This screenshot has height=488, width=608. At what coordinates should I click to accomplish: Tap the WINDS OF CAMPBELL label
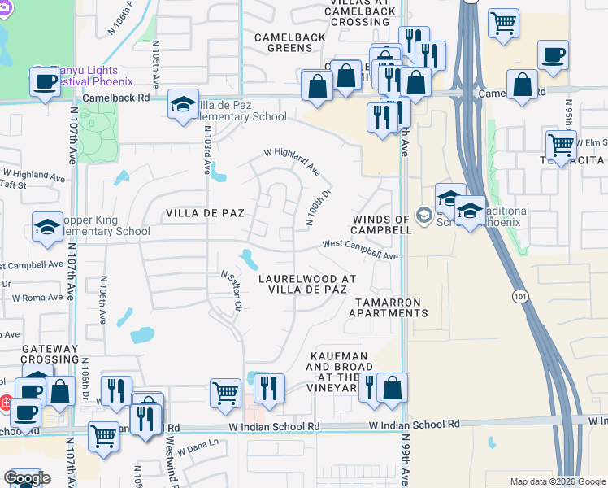[380, 224]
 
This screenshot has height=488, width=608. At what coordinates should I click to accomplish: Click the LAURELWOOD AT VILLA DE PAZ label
[307, 284]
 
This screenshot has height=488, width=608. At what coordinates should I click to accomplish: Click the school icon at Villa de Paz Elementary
[183, 104]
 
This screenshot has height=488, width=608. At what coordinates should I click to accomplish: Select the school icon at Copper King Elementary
[47, 227]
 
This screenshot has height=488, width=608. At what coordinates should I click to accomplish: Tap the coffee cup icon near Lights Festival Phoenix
[45, 81]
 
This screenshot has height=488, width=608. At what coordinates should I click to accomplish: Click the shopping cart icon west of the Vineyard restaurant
[225, 393]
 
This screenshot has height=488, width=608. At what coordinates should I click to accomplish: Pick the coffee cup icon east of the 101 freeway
[553, 55]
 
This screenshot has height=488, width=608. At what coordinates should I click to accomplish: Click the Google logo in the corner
[27, 478]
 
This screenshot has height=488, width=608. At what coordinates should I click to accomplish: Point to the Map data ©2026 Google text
[557, 481]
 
